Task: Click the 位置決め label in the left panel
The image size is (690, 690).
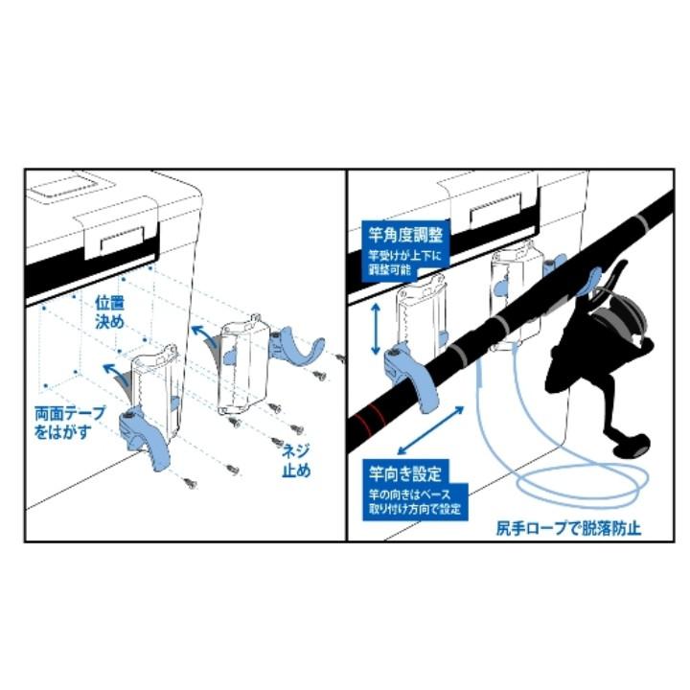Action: (110, 312)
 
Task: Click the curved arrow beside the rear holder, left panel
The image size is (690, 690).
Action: (203, 337)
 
